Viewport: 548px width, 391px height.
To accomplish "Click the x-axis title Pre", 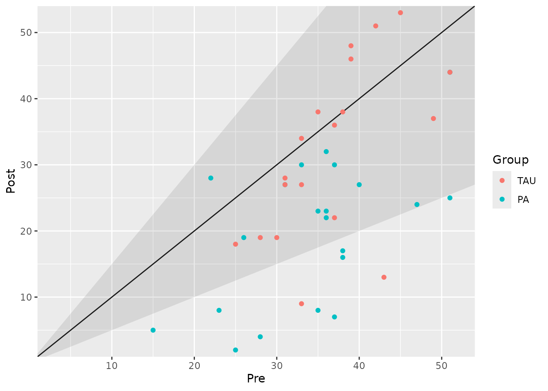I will pyautogui.click(x=256, y=379).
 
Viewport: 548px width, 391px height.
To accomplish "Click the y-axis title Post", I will pyautogui.click(x=11, y=181).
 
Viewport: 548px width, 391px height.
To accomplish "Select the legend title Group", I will pyautogui.click(x=510, y=160).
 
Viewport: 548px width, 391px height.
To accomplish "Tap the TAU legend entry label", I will pyautogui.click(x=526, y=181).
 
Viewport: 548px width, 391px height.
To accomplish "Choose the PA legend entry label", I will pyautogui.click(x=523, y=200).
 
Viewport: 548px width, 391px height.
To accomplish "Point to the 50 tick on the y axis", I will pyautogui.click(x=26, y=33).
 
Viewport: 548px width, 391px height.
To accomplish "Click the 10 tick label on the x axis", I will pyautogui.click(x=112, y=365).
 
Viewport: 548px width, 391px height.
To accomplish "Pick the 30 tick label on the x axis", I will pyautogui.click(x=276, y=365).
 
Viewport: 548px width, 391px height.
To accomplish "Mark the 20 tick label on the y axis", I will pyautogui.click(x=26, y=231).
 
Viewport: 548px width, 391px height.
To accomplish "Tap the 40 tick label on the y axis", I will pyautogui.click(x=26, y=99).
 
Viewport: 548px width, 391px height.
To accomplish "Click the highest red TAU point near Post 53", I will pyautogui.click(x=400, y=13).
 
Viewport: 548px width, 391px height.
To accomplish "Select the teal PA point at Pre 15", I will pyautogui.click(x=153, y=330).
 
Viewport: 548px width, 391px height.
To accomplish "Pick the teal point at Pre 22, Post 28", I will pyautogui.click(x=211, y=178).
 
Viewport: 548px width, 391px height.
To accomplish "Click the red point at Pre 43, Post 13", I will pyautogui.click(x=384, y=277).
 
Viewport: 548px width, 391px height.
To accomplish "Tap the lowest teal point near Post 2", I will pyautogui.click(x=235, y=350).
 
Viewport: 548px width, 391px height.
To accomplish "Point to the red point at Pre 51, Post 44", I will pyautogui.click(x=450, y=72).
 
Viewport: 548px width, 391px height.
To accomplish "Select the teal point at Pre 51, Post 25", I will pyautogui.click(x=450, y=198).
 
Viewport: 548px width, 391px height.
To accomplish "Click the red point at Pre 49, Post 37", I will pyautogui.click(x=433, y=119).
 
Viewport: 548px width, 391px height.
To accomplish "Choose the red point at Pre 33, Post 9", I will pyautogui.click(x=301, y=304).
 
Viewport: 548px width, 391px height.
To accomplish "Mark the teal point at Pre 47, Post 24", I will pyautogui.click(x=417, y=204).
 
